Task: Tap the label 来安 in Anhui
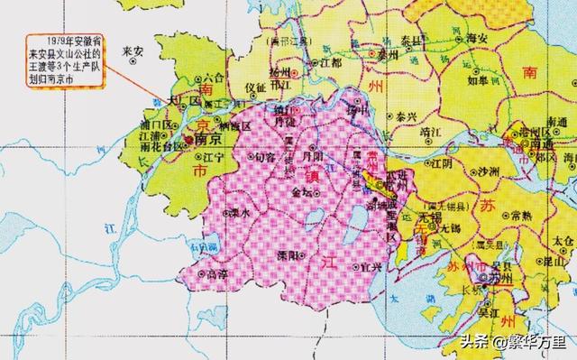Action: point(133,51)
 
